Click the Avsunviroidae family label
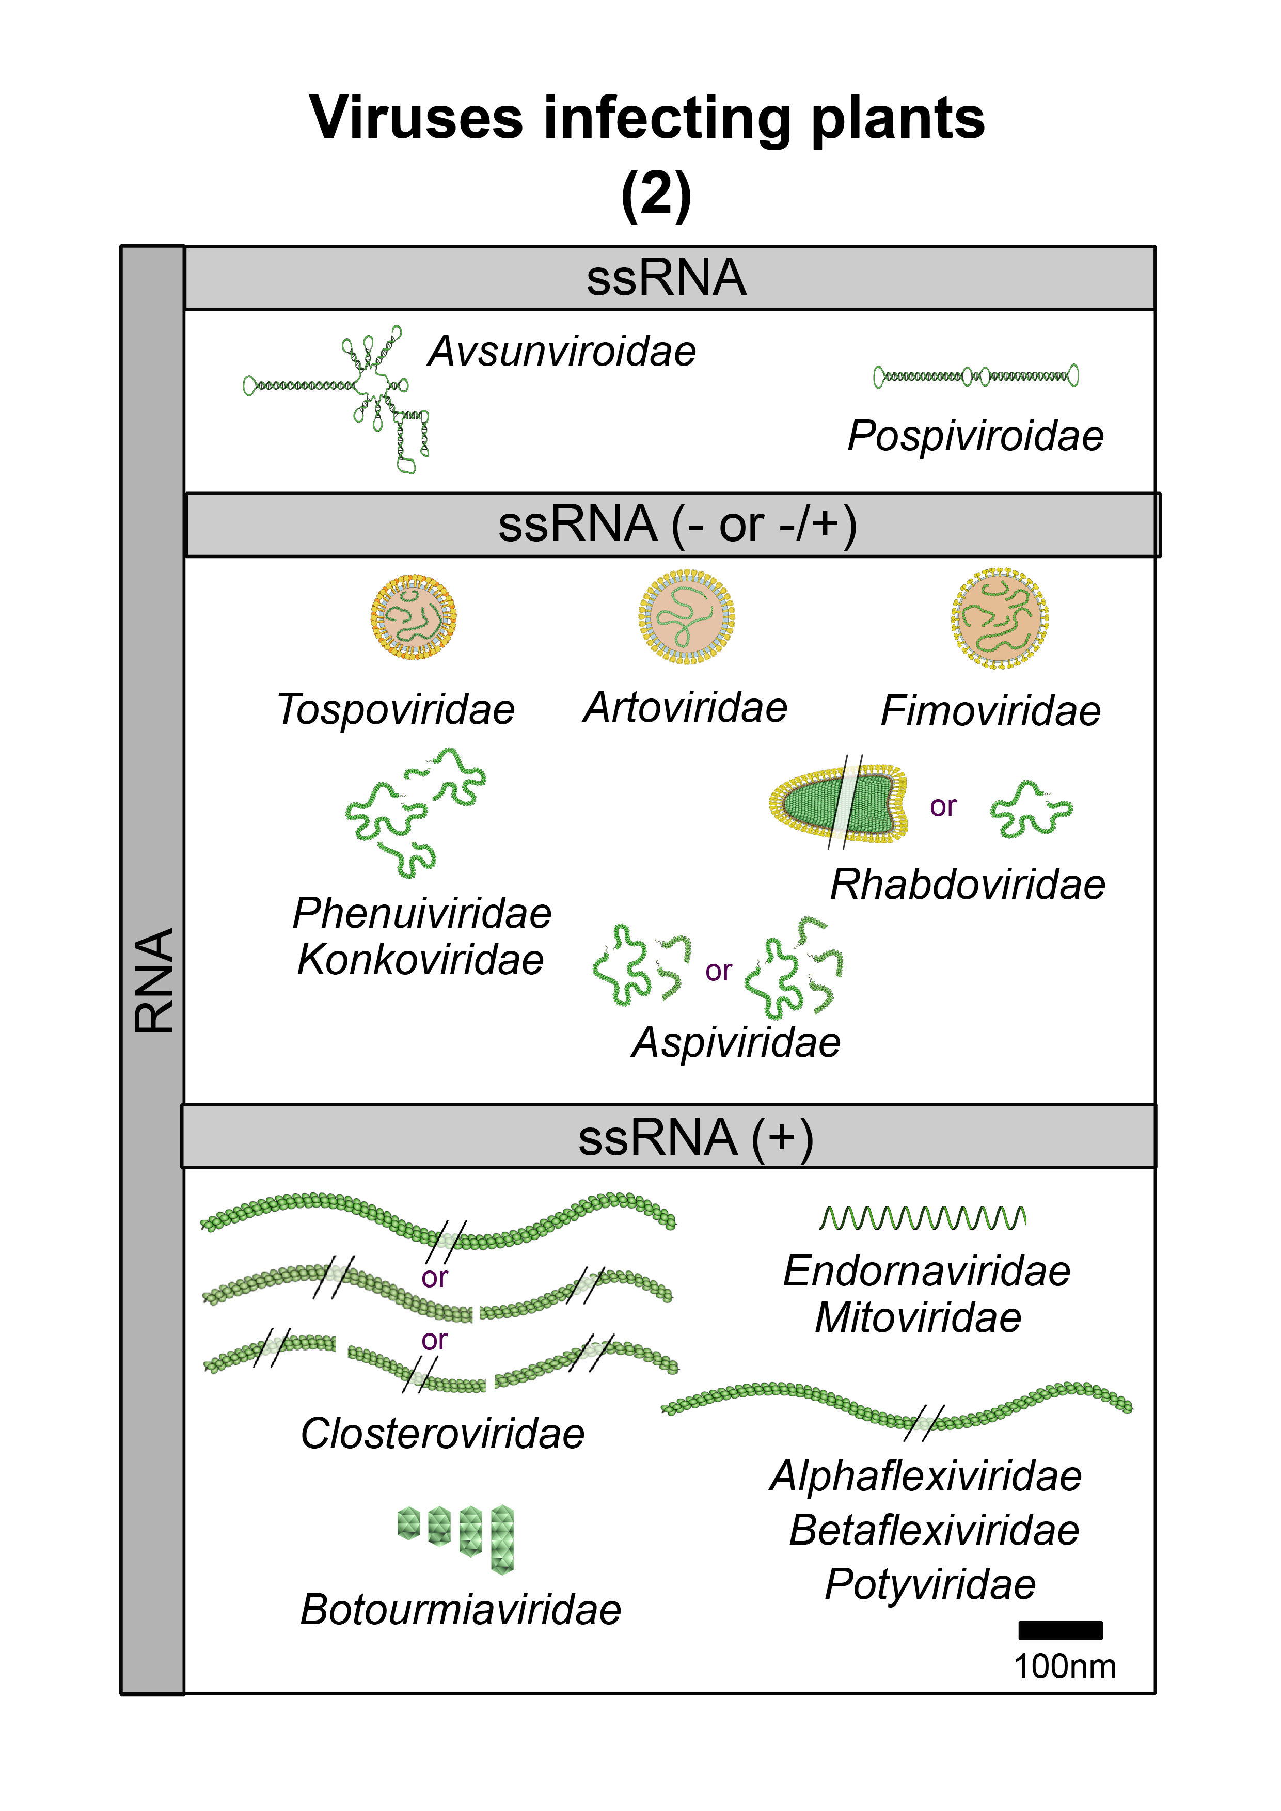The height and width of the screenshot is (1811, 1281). click(562, 351)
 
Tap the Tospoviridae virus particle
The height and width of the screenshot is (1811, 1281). click(414, 617)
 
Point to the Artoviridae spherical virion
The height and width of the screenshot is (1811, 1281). click(686, 617)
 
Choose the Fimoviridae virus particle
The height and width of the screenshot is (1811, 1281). click(1000, 618)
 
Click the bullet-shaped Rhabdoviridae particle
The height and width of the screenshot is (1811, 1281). click(837, 803)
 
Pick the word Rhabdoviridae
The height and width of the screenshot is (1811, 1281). click(967, 884)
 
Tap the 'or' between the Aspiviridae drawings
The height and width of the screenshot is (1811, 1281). click(718, 971)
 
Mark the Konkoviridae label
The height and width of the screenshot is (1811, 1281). click(420, 960)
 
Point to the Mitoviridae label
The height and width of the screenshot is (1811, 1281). click(918, 1318)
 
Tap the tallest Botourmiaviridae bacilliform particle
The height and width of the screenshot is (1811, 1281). click(502, 1539)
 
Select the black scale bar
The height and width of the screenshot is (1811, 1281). click(1059, 1630)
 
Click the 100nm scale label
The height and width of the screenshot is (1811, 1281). click(1064, 1666)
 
